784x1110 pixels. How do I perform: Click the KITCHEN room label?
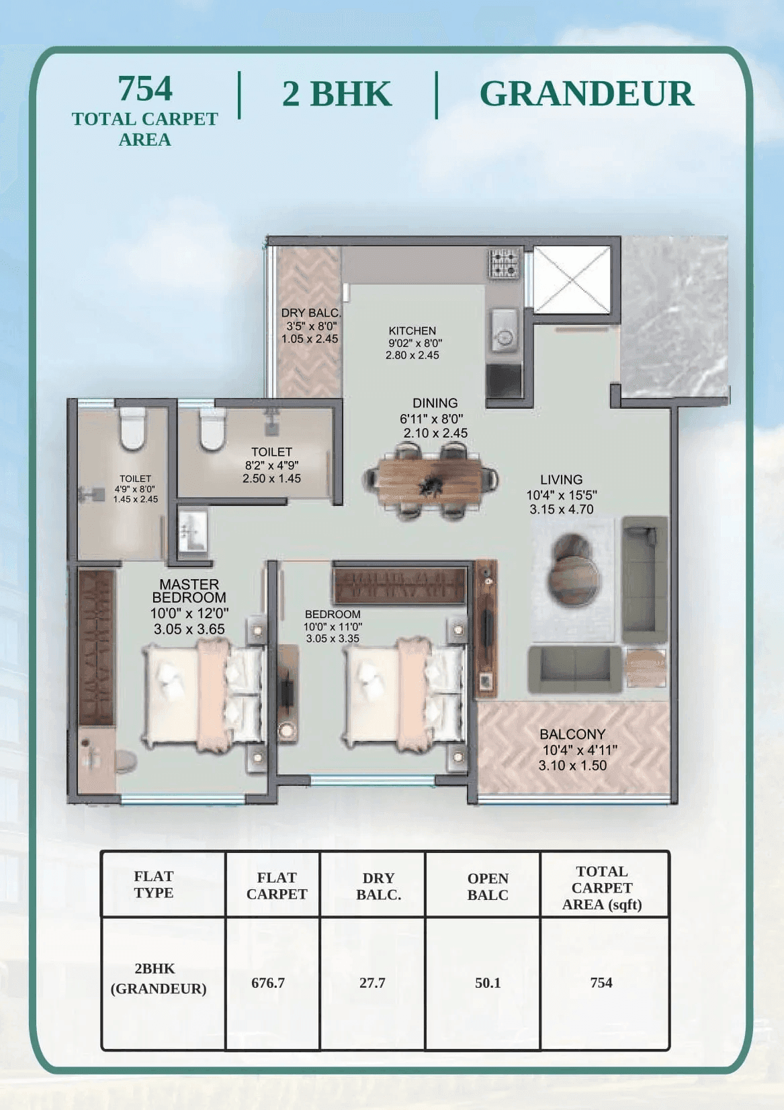(x=412, y=331)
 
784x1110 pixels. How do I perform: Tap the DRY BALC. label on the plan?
(x=310, y=313)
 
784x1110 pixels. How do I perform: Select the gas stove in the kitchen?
(x=504, y=263)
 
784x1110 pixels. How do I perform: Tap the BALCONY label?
(x=572, y=734)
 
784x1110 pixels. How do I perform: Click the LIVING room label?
(x=561, y=480)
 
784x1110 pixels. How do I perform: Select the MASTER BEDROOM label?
(x=189, y=591)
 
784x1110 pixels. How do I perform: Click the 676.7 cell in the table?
(x=268, y=982)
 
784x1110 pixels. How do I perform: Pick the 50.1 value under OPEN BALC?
(x=488, y=982)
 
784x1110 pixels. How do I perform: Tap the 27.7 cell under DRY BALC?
(x=372, y=982)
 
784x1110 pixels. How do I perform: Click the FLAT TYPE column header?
(x=154, y=885)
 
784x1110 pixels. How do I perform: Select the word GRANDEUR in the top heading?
(x=586, y=94)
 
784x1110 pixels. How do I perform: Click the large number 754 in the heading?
(x=145, y=89)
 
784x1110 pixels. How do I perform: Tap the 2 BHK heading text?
(x=337, y=94)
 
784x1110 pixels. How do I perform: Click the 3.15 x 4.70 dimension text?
(x=562, y=509)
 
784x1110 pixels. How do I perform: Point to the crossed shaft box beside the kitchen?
(x=572, y=279)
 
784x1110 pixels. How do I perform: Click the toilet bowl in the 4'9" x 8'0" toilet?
(x=132, y=430)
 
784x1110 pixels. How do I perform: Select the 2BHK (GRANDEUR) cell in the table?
(x=158, y=978)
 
